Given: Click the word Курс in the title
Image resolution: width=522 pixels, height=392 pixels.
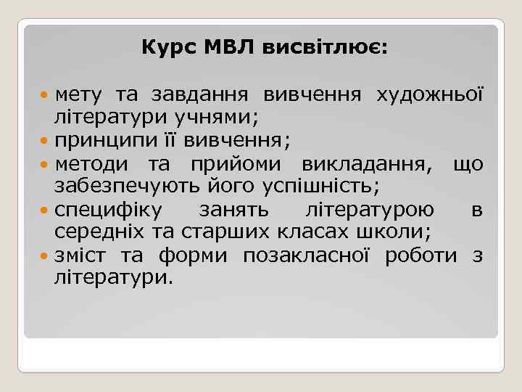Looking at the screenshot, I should point(163,49).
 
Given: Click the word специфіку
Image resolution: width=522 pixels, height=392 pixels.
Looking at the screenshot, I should point(109,211).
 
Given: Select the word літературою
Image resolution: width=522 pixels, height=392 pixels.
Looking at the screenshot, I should point(370,211).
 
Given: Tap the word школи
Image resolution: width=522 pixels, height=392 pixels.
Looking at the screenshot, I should point(401,232).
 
